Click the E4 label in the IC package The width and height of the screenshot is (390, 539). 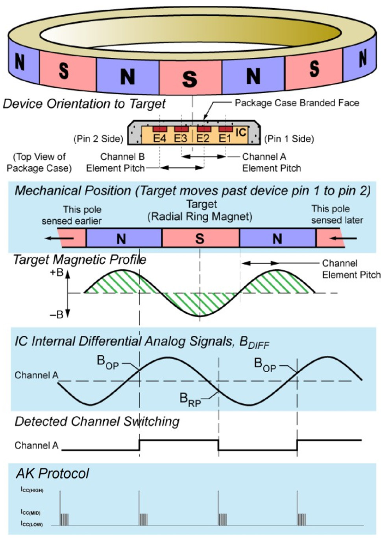click(159, 138)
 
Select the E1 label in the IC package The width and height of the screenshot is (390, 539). click(225, 138)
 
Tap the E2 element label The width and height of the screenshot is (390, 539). click(203, 138)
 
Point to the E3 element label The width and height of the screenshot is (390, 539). click(181, 138)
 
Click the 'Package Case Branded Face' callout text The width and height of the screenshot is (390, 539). click(297, 103)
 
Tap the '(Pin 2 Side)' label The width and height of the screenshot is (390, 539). click(98, 139)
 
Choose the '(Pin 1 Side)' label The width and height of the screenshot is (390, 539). click(289, 139)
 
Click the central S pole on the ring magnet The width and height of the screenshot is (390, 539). click(190, 79)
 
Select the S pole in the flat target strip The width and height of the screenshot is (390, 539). click(200, 239)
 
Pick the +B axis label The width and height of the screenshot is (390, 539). click(57, 272)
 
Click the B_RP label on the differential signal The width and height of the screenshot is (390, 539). click(190, 399)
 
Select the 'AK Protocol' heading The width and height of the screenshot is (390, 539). click(52, 473)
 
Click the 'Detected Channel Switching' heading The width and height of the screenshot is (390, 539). click(97, 421)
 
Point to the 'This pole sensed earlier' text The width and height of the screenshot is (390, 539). click(72, 215)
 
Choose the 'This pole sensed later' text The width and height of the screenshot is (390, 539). click(337, 214)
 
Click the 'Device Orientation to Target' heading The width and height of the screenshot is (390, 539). click(84, 104)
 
